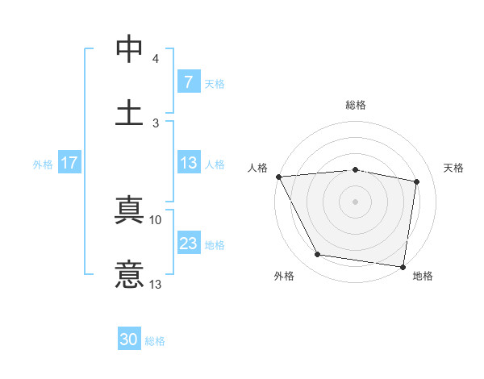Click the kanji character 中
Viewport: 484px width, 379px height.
[130, 49]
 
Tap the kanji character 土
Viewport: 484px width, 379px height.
[130, 111]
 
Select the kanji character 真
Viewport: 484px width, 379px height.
[130, 212]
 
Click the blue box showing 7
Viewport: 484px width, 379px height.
[188, 82]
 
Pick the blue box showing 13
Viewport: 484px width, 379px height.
[188, 163]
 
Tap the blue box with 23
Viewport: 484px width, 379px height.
[188, 244]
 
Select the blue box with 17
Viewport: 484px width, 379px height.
[69, 163]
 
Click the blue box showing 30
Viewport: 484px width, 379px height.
[129, 340]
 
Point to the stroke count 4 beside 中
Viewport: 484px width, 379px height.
[156, 59]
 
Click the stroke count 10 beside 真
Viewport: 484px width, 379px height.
[156, 219]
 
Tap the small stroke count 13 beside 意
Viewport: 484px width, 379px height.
[156, 284]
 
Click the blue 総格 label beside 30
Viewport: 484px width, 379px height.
[155, 341]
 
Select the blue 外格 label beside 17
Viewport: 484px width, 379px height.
[43, 164]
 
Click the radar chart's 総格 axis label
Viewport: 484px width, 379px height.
[356, 105]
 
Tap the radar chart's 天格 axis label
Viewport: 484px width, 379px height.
[454, 168]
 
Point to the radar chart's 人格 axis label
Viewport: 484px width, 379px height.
[257, 168]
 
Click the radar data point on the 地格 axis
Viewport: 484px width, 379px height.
[403, 266]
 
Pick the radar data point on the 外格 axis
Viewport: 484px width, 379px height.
[318, 256]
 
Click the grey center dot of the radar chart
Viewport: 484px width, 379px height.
[356, 201]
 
